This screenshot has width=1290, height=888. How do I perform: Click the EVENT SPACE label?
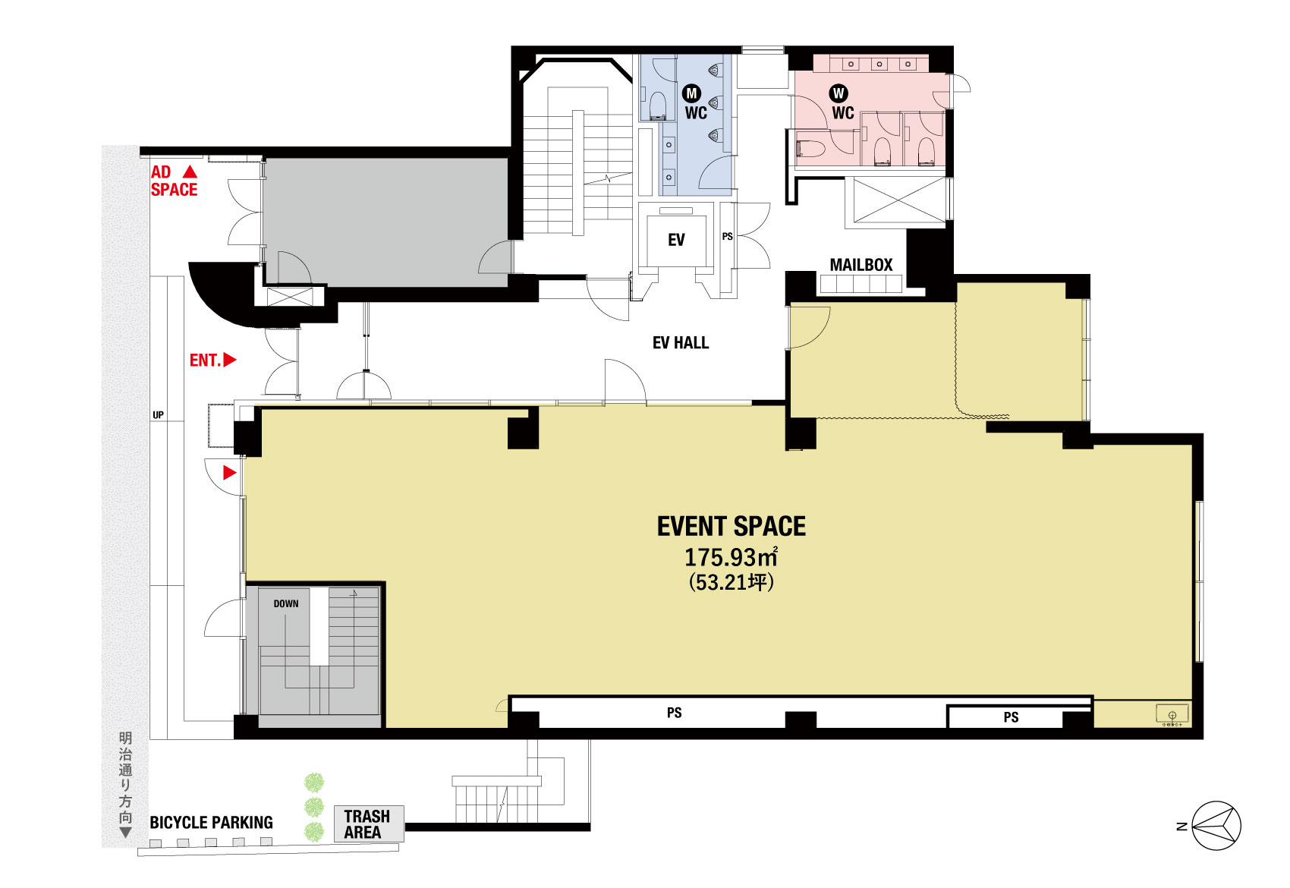click(x=732, y=527)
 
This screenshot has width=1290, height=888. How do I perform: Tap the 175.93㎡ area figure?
click(x=731, y=557)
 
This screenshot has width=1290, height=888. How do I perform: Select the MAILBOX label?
click(x=861, y=265)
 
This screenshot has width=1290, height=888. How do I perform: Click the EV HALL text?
click(x=680, y=342)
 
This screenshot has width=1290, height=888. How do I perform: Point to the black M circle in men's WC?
click(x=691, y=93)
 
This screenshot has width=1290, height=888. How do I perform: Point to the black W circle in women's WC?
click(x=838, y=93)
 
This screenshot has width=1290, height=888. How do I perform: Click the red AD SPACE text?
click(x=174, y=181)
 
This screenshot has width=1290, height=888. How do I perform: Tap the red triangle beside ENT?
click(x=230, y=360)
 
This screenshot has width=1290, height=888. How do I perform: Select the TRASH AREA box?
click(x=369, y=823)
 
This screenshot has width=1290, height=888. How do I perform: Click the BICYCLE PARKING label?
click(x=212, y=823)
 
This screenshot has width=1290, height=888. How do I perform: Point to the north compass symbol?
click(x=1216, y=826)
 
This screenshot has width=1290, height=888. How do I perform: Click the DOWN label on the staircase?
click(x=285, y=603)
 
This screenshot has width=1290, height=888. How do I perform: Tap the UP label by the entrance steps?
click(x=158, y=414)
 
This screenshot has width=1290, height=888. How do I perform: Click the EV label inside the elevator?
click(x=676, y=240)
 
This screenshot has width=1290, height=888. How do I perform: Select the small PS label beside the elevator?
click(x=728, y=236)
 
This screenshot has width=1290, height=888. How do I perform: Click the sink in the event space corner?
click(x=1172, y=714)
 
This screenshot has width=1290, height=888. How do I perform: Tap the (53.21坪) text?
click(x=731, y=582)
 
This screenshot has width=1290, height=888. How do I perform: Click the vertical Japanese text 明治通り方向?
click(x=125, y=778)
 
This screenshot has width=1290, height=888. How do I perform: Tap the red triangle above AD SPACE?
click(x=190, y=172)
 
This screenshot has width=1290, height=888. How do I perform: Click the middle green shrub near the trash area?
click(x=314, y=807)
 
